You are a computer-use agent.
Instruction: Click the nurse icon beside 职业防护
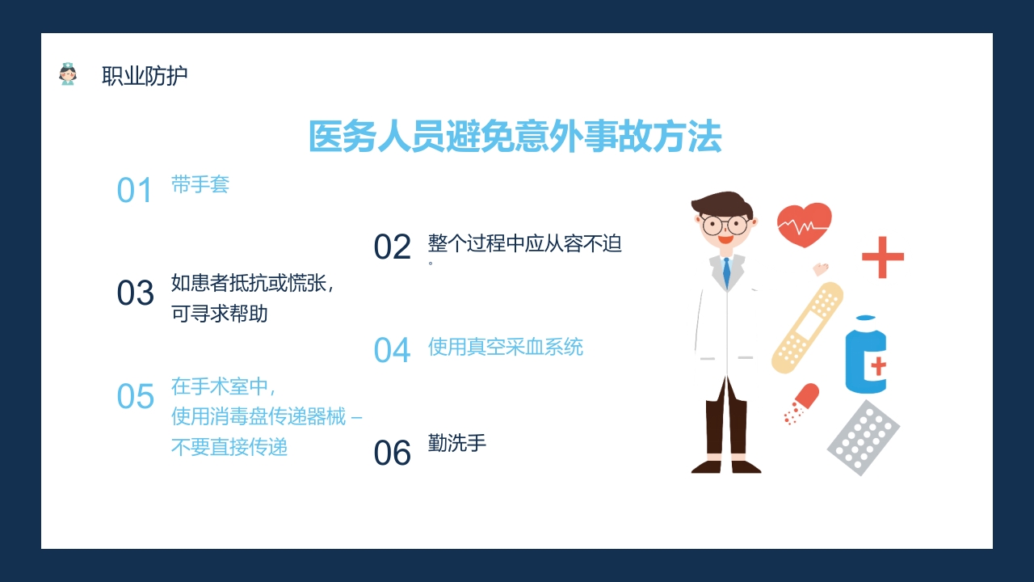click(x=68, y=74)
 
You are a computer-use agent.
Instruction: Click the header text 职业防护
click(x=145, y=76)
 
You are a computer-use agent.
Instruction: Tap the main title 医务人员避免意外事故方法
click(x=515, y=137)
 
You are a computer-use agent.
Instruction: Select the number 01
click(x=135, y=191)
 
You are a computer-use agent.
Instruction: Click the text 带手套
click(x=200, y=184)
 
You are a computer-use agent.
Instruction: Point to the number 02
click(x=392, y=247)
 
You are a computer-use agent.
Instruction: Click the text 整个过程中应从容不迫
click(x=525, y=243)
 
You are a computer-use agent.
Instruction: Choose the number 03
click(x=135, y=293)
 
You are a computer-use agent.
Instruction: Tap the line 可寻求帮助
click(x=219, y=314)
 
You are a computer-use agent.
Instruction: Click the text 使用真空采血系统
click(x=505, y=347)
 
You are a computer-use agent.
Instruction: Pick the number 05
click(x=135, y=397)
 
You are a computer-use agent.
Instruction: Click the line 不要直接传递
click(x=229, y=447)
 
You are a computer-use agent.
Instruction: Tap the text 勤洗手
click(x=457, y=443)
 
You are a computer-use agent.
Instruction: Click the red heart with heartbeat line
click(x=804, y=225)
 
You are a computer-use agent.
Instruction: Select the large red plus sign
click(x=882, y=257)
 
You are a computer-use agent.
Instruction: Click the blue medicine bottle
click(x=865, y=356)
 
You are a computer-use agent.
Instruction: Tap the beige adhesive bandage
click(x=807, y=327)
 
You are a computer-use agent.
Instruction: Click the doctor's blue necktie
click(x=726, y=272)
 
